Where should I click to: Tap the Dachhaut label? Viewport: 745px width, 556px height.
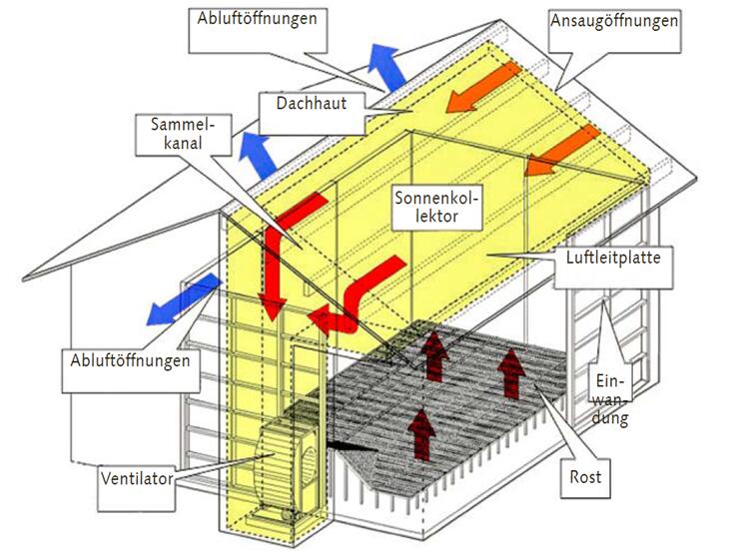pyautogui.click(x=305, y=103)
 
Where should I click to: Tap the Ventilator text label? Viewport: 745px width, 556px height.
pyautogui.click(x=138, y=478)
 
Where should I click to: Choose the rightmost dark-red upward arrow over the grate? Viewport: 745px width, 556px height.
pyautogui.click(x=512, y=370)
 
